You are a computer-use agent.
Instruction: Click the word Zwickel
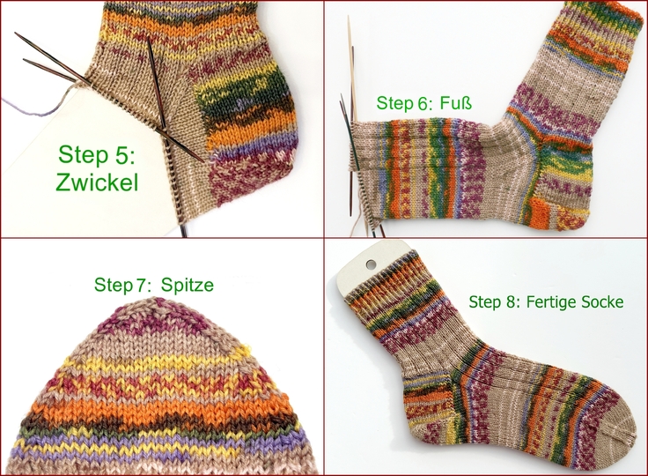(x=99, y=184)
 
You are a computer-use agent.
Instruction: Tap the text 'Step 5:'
(x=98, y=154)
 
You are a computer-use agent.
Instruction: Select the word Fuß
(x=456, y=104)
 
